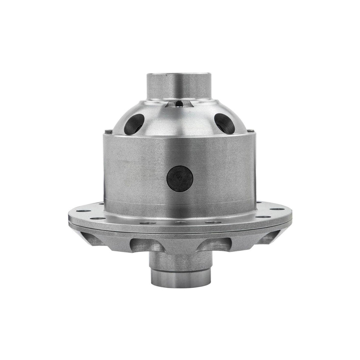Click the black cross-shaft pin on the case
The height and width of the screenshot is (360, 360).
[x=180, y=179]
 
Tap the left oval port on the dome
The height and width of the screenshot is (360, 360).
[x=134, y=123]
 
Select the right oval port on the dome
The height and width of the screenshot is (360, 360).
[x=224, y=123]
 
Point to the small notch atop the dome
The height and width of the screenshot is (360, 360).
[x=179, y=104]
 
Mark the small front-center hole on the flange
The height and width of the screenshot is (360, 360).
[x=180, y=223]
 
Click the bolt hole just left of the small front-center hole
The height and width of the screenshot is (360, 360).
[x=148, y=222]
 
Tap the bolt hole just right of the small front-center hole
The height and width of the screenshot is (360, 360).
[x=213, y=222]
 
